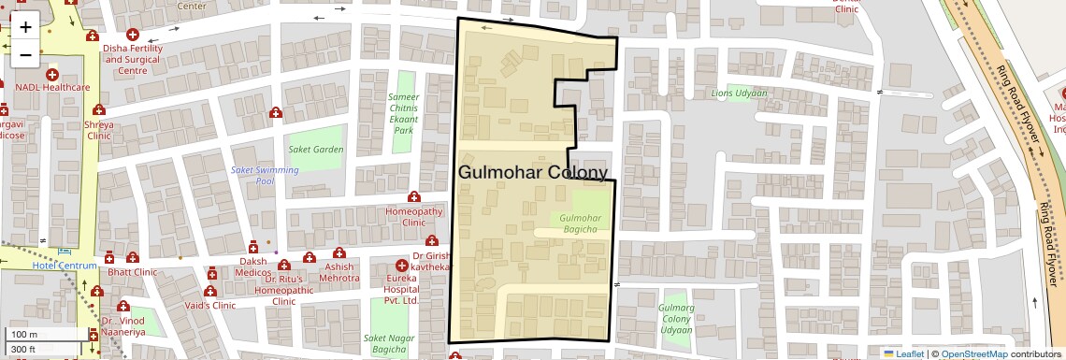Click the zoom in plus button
[x=25, y=26]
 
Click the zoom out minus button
[x=25, y=54]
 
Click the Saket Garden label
[x=315, y=149]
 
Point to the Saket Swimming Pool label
[x=265, y=175]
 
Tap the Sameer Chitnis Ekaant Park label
[x=404, y=113]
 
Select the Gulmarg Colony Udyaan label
[x=676, y=319]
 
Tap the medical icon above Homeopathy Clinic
[x=413, y=197]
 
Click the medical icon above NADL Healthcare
[x=51, y=74]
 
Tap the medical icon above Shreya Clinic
[x=98, y=109]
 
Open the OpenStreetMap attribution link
[x=973, y=353]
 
